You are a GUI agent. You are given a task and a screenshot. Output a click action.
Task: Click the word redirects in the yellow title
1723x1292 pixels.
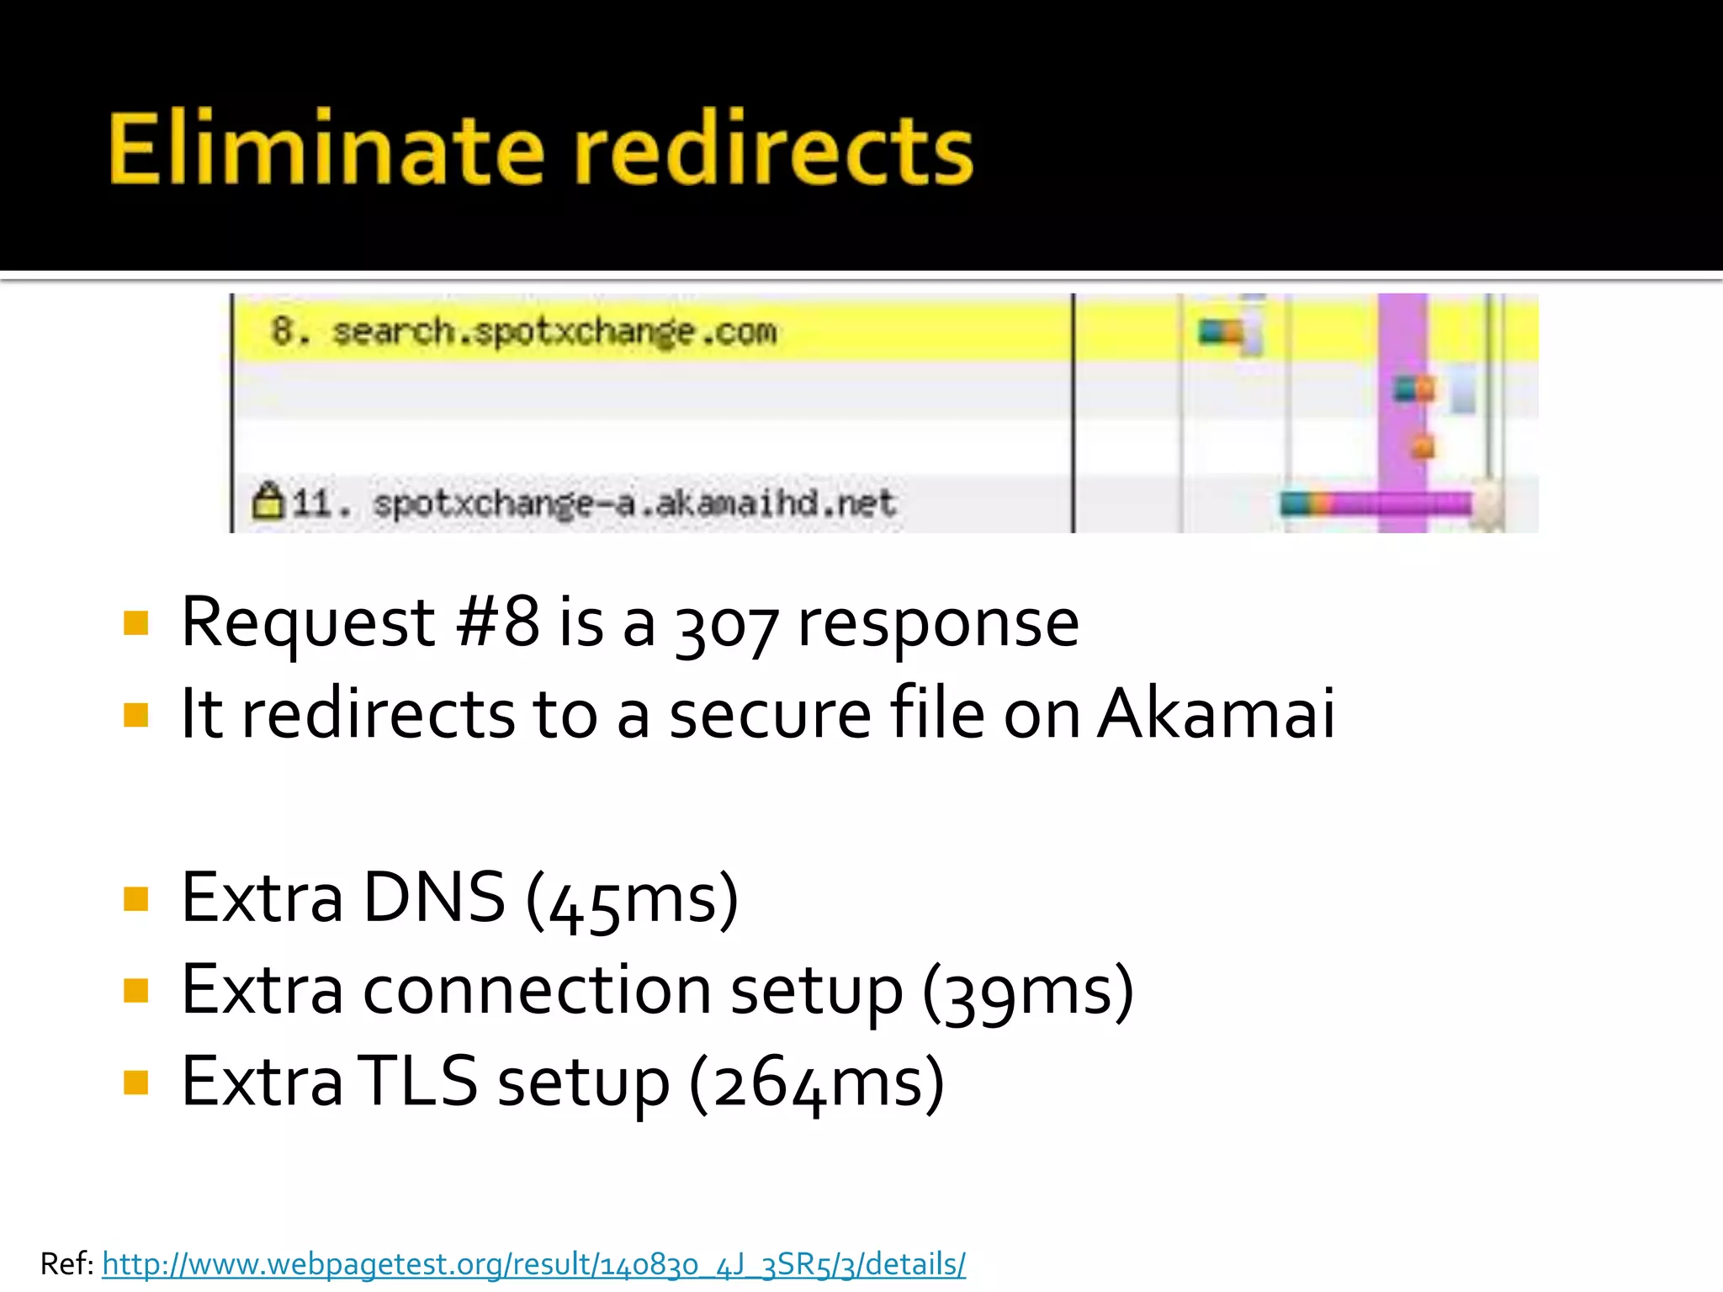click(x=774, y=150)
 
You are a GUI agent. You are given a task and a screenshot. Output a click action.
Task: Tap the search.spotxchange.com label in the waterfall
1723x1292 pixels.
click(x=553, y=331)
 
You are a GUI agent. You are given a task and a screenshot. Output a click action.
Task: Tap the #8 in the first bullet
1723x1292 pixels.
click(x=497, y=622)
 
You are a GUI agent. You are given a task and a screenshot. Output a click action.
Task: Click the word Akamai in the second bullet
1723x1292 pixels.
click(x=1216, y=713)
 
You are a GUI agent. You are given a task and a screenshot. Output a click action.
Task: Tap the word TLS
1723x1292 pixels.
click(x=417, y=1082)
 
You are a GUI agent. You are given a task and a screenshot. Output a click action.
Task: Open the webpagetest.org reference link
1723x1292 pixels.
click(x=533, y=1264)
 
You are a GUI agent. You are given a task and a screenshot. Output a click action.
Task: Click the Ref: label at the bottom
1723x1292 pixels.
click(x=66, y=1264)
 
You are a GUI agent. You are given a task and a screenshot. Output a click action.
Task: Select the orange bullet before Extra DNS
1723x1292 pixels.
click(x=135, y=898)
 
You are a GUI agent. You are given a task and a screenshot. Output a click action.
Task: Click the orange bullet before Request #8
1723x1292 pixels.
click(x=135, y=623)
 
